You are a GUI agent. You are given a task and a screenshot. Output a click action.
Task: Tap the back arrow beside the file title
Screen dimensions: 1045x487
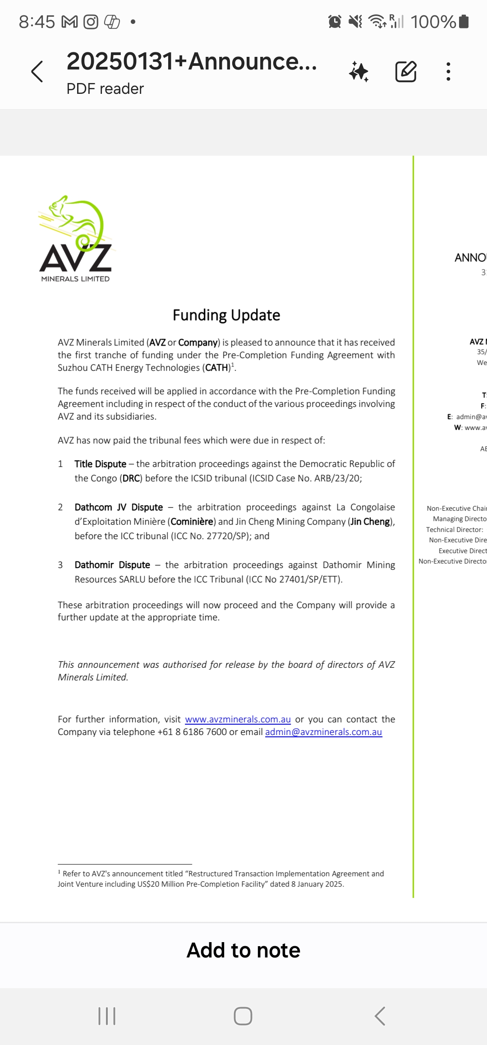pyautogui.click(x=37, y=71)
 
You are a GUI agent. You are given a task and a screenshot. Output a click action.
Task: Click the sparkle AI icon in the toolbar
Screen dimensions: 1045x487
pyautogui.click(x=359, y=71)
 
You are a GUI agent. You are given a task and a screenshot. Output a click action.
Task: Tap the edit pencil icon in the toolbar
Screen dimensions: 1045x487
pyautogui.click(x=405, y=71)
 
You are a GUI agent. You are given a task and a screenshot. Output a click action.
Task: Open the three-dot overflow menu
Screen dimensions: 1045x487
pyautogui.click(x=448, y=71)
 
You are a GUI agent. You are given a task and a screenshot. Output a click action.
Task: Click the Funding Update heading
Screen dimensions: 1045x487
pyautogui.click(x=226, y=315)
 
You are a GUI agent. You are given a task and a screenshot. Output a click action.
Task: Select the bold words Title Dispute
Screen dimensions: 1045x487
pyautogui.click(x=100, y=464)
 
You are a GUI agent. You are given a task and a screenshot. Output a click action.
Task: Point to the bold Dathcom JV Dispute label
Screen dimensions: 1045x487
pyautogui.click(x=119, y=507)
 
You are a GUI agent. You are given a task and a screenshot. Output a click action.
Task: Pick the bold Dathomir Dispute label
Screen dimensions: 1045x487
pyautogui.click(x=112, y=565)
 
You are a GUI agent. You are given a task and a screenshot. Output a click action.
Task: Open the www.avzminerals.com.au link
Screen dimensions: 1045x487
pyautogui.click(x=238, y=719)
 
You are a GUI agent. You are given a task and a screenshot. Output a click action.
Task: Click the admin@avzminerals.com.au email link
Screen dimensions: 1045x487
pyautogui.click(x=323, y=732)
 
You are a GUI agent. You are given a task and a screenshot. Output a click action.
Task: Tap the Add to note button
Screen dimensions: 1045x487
pyautogui.click(x=243, y=951)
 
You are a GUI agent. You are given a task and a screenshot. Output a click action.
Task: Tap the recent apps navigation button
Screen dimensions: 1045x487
pyautogui.click(x=107, y=1016)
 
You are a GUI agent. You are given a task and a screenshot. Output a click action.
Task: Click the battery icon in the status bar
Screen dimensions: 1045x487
pyautogui.click(x=464, y=21)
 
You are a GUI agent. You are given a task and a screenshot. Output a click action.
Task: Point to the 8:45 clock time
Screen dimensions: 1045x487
pyautogui.click(x=37, y=21)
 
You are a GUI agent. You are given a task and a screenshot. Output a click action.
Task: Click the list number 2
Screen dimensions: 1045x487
pyautogui.click(x=60, y=507)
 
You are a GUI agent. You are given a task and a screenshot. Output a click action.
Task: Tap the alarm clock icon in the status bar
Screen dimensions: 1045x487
pyautogui.click(x=335, y=21)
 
